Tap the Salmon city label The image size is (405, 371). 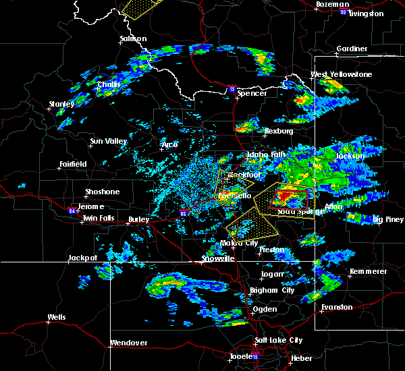tap(133, 39)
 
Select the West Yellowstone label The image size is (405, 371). tap(341, 74)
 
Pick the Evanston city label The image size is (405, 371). tap(337, 307)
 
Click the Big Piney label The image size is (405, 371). tap(388, 219)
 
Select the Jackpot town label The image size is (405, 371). tap(83, 258)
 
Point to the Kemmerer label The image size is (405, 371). tap(369, 271)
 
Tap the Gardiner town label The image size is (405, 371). tap(352, 49)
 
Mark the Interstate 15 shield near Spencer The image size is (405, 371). tap(232, 88)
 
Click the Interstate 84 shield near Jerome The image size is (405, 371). tap(74, 208)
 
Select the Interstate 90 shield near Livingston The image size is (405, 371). tap(343, 12)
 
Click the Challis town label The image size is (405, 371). tap(108, 84)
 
